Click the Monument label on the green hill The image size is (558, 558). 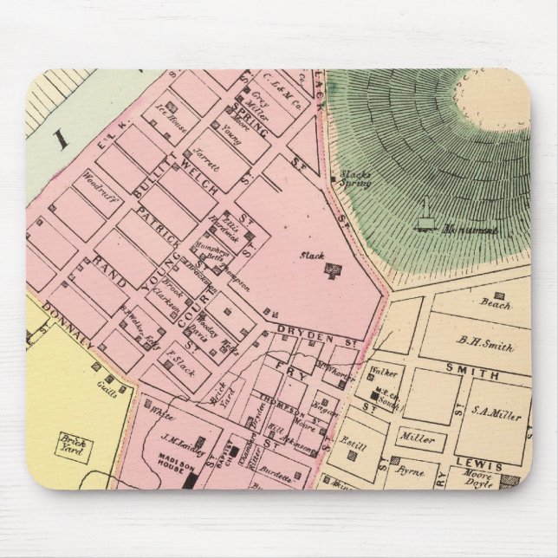(x=469, y=230)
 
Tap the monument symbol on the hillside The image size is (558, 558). (x=424, y=217)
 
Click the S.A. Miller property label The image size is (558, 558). (x=499, y=415)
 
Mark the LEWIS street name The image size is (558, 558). (x=482, y=465)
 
